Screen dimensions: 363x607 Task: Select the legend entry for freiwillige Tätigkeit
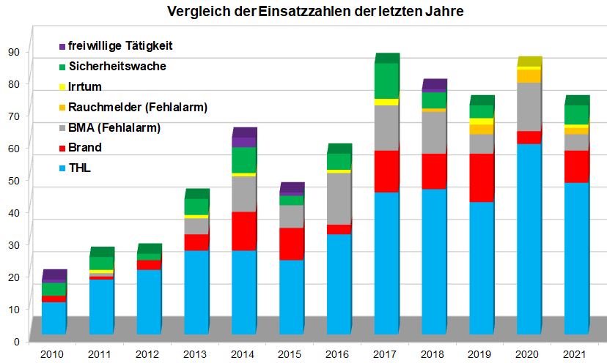click(x=119, y=46)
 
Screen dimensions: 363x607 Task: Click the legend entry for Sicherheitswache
click(x=117, y=67)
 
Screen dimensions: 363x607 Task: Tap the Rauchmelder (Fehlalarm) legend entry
click(x=138, y=108)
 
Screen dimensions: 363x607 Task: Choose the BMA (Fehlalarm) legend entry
click(x=114, y=128)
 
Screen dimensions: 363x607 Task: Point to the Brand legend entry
click(x=85, y=148)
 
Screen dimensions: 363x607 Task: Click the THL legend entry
click(x=81, y=168)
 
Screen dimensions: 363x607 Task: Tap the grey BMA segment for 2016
click(x=339, y=198)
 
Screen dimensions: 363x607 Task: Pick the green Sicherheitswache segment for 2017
click(x=385, y=81)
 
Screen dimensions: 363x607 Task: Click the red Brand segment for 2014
click(x=244, y=231)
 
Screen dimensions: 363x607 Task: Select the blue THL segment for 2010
click(x=54, y=318)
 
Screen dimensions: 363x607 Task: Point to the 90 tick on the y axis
click(x=14, y=51)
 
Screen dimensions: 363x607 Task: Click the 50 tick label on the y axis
click(x=14, y=180)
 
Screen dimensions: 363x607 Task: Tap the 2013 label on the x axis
click(x=194, y=354)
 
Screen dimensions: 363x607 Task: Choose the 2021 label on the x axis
click(x=574, y=354)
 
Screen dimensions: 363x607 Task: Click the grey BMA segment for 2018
click(x=433, y=132)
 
